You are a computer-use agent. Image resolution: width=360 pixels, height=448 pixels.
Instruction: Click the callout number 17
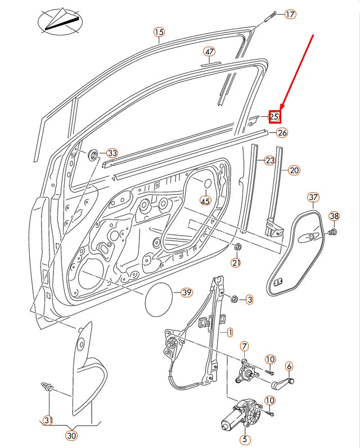click(290, 15)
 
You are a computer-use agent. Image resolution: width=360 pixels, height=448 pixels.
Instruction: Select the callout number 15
click(159, 32)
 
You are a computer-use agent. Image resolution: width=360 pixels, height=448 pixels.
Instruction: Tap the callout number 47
click(209, 52)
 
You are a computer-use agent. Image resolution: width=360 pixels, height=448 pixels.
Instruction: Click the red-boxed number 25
click(274, 117)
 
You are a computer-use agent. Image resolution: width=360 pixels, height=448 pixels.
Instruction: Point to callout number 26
click(282, 133)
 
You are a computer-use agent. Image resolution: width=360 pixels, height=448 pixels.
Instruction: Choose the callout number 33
click(112, 153)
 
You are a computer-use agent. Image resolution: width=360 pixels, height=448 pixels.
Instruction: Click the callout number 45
click(205, 201)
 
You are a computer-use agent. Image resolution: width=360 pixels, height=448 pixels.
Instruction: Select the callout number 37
click(313, 197)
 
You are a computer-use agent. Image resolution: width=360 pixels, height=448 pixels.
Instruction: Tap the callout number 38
click(334, 216)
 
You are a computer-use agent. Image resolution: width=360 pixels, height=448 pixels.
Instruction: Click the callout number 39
click(186, 292)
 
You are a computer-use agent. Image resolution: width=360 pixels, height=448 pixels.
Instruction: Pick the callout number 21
click(236, 263)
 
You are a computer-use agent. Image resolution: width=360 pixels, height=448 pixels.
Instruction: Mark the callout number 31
click(48, 420)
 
